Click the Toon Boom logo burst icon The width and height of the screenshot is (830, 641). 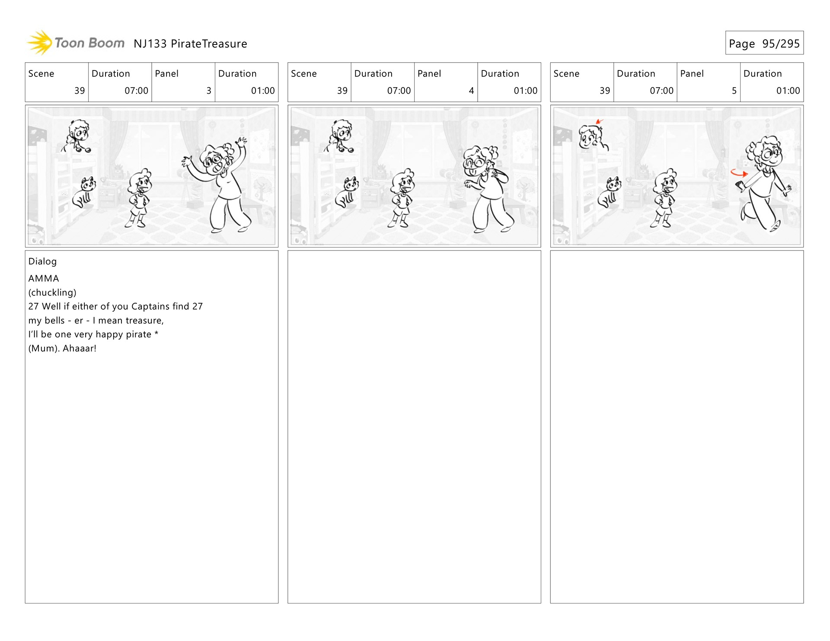point(40,43)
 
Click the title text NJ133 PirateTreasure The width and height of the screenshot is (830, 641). point(190,44)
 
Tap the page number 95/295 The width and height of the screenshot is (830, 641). point(781,44)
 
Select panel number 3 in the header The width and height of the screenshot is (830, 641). point(209,91)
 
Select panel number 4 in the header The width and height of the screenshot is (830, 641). point(471,91)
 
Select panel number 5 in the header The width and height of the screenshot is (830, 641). point(734,91)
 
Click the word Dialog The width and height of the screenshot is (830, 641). point(42,261)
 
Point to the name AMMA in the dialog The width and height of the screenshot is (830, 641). point(44,278)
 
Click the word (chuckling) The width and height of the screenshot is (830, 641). point(52,292)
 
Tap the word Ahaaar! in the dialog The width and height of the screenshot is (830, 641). point(80,348)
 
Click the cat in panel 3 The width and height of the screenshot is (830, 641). point(84,192)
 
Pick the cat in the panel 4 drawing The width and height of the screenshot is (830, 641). point(347,192)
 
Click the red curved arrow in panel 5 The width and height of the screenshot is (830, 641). point(738,174)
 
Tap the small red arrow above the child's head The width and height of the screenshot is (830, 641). point(599,121)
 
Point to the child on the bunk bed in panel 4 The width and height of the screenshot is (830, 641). point(340,136)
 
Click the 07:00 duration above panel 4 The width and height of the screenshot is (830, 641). point(399,91)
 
